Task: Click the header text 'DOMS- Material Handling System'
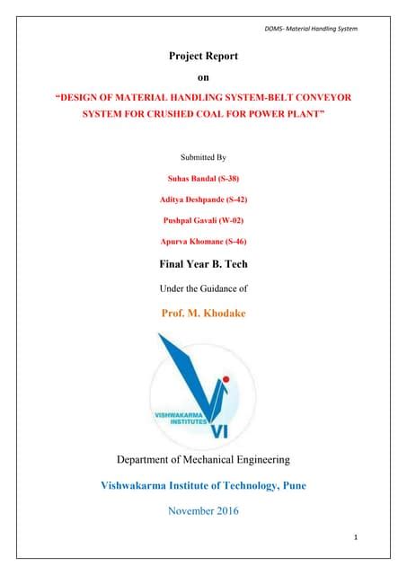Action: (x=311, y=30)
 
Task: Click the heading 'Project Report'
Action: (x=203, y=57)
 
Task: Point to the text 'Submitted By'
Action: (x=203, y=156)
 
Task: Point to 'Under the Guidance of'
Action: (x=203, y=288)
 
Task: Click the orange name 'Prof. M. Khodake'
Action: (x=203, y=313)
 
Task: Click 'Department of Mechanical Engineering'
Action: (x=203, y=459)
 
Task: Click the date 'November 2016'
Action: (x=203, y=511)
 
